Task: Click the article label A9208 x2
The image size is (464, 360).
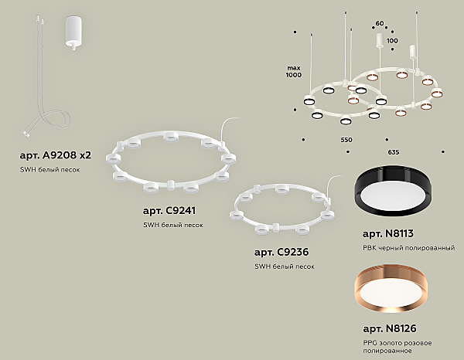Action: (x=56, y=155)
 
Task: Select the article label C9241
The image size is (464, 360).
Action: (x=169, y=211)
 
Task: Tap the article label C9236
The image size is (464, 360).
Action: (x=281, y=252)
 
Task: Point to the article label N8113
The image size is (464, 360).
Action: (x=388, y=234)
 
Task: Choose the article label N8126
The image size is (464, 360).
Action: (x=390, y=328)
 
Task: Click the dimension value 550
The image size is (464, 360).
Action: (x=346, y=140)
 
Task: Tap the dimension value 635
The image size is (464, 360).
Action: (x=394, y=152)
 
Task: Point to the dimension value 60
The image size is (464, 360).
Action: (x=380, y=23)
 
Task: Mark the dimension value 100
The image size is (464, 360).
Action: (x=392, y=40)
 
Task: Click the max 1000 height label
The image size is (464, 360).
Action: (x=293, y=72)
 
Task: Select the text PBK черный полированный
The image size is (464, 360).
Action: (x=408, y=248)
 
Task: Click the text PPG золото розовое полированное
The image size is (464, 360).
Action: (x=397, y=347)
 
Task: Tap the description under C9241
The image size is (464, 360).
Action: (x=173, y=225)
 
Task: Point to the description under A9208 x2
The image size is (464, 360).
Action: (x=49, y=170)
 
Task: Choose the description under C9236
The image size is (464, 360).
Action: (x=285, y=267)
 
